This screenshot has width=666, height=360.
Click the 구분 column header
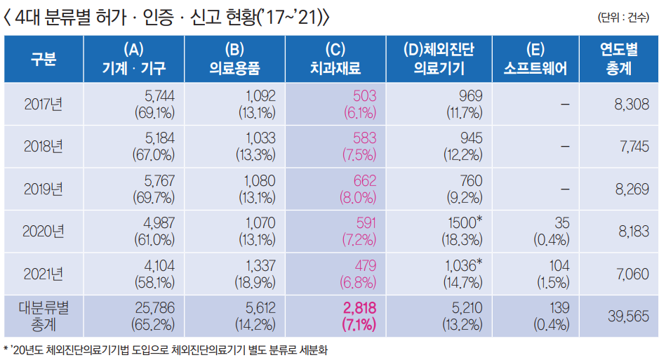[44, 58]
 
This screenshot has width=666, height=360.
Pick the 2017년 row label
[44, 103]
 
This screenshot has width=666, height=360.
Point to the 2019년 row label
[44, 189]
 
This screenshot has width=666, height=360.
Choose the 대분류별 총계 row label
[44, 316]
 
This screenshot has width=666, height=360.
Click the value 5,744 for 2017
[159, 95]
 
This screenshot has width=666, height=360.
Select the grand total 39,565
[626, 316]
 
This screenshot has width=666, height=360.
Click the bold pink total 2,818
[359, 308]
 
